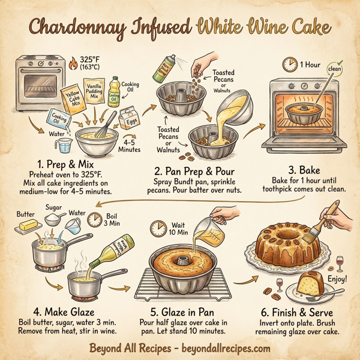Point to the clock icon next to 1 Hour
[289, 64]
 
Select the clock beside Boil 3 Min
[94, 221]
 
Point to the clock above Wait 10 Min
[158, 227]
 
